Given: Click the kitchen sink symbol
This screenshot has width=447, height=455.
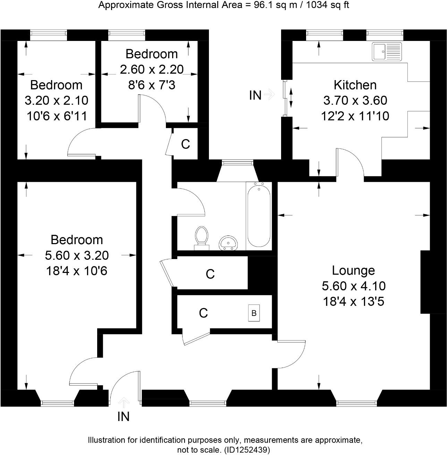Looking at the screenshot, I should (387, 52).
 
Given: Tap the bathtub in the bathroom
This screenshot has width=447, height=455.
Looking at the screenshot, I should (258, 215).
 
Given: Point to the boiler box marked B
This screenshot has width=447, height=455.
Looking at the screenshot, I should (254, 313).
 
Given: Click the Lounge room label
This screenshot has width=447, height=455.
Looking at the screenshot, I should (353, 271).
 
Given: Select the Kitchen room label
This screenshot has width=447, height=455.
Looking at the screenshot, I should (355, 85).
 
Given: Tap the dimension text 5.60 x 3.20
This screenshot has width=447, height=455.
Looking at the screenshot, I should (77, 255).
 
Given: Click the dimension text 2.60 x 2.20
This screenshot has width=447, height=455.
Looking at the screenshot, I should (152, 69).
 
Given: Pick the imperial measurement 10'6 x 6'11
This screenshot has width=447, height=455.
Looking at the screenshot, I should (57, 116).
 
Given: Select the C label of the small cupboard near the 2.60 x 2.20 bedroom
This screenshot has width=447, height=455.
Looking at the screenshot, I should (186, 144).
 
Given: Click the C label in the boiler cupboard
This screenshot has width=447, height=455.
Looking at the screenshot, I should (203, 313).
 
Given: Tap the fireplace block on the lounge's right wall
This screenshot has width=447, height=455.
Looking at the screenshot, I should (425, 282).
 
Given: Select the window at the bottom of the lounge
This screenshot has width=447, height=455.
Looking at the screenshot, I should (356, 403).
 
